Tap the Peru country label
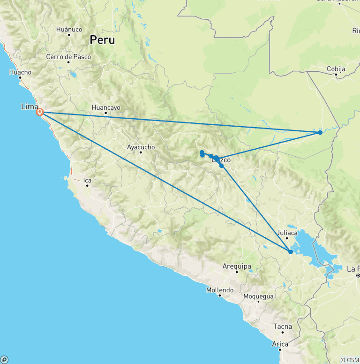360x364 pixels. (x=102, y=40)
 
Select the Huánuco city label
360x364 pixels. (x=69, y=29)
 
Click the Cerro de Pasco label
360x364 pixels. (x=65, y=57)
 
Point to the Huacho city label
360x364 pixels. (x=20, y=72)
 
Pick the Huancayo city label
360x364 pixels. (x=106, y=107)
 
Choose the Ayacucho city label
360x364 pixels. (x=141, y=147)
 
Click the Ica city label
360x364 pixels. (x=87, y=180)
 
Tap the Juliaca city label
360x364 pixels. (x=287, y=233)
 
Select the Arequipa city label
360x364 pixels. (x=237, y=266)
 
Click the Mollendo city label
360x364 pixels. (x=220, y=290)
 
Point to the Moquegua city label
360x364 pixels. (x=258, y=296)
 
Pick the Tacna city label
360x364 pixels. (x=283, y=326)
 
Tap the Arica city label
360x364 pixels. (x=280, y=344)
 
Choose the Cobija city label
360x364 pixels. (x=336, y=69)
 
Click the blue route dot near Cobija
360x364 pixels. (x=320, y=132)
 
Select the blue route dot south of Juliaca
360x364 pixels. (x=291, y=252)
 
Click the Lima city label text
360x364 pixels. (x=30, y=107)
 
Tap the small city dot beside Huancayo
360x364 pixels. (x=106, y=113)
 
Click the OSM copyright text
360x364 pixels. (x=349, y=360)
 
